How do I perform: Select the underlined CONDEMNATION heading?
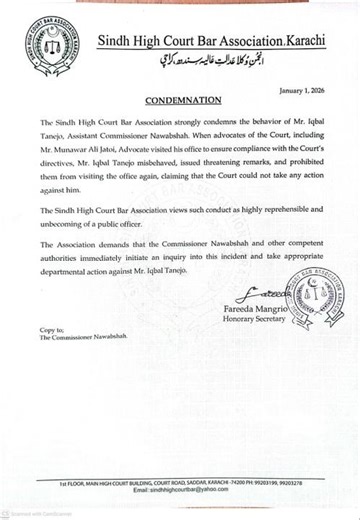coord(180,102)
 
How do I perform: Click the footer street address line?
coord(180,482)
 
